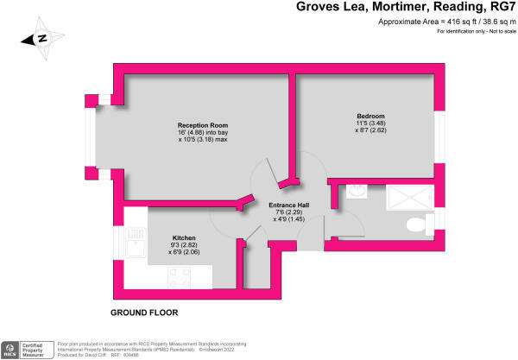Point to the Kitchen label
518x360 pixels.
(184, 237)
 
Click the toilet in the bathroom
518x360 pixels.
(419, 226)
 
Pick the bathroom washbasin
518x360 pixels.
(353, 192)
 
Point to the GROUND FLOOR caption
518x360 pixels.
(143, 312)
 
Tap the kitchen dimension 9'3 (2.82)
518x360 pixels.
(184, 245)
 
